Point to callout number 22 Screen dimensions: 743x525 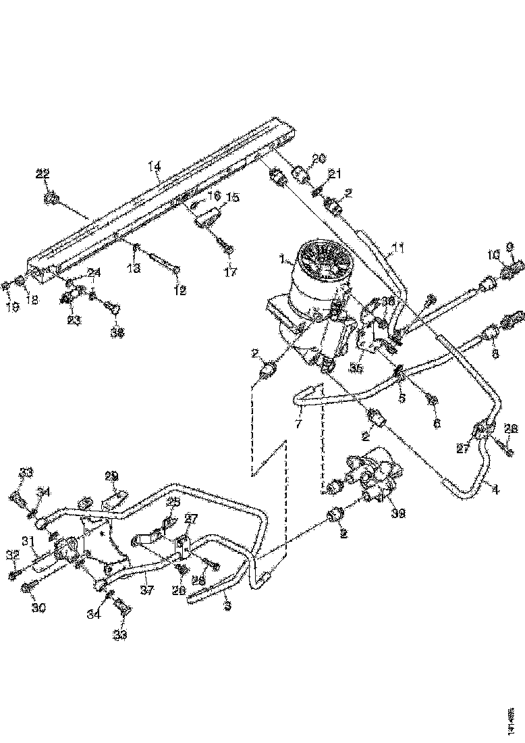43,174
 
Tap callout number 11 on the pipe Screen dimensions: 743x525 399,249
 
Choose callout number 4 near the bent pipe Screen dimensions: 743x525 495,490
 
